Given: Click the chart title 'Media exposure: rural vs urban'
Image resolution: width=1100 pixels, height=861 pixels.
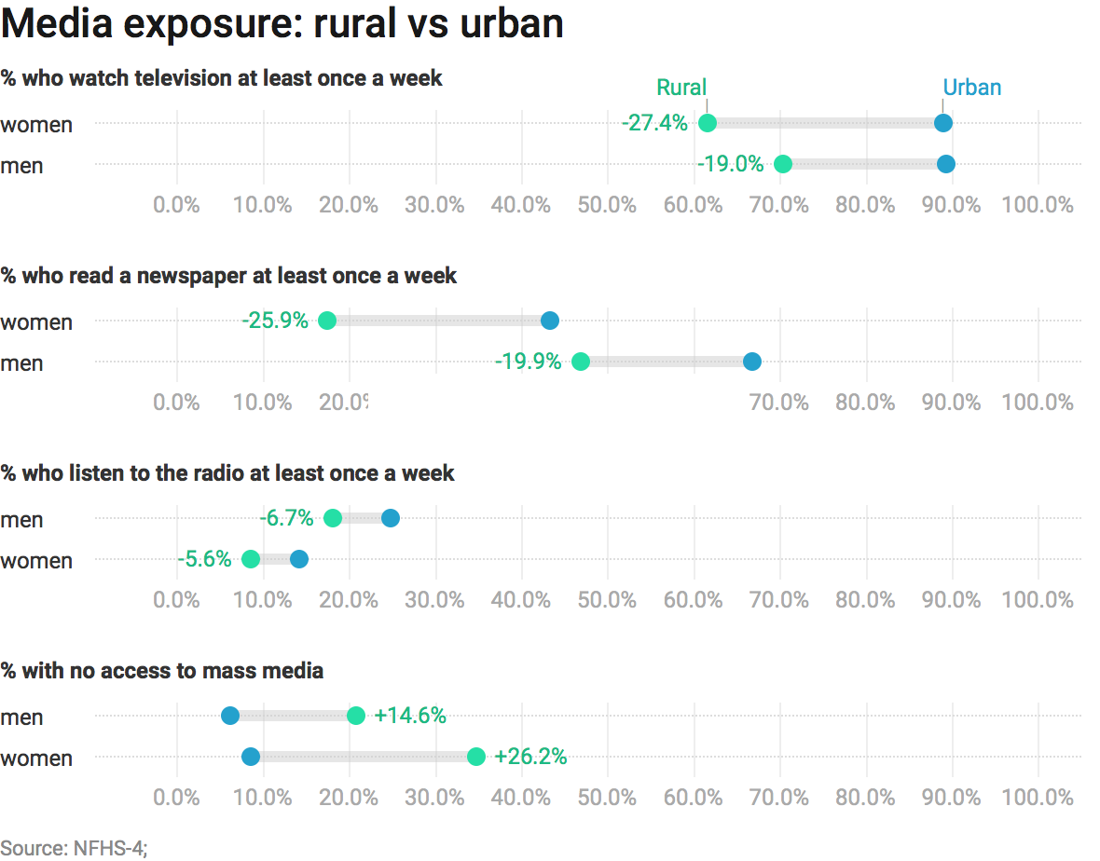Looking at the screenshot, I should [282, 23].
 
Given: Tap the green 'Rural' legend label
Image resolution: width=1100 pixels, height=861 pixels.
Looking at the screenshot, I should [681, 88].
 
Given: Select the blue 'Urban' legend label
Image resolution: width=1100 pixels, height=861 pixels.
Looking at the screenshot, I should [971, 88].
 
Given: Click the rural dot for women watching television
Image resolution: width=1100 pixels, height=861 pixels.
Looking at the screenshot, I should [708, 123].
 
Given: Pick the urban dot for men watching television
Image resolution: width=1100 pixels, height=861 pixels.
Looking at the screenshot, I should [945, 164].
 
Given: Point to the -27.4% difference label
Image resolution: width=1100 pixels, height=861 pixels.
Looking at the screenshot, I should [654, 123].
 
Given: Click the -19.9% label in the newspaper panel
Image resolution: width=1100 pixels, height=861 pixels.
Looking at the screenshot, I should [528, 362].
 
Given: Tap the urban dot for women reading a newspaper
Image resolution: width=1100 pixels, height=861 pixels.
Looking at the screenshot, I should [550, 321].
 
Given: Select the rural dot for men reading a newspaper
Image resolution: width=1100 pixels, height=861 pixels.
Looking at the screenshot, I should [580, 362].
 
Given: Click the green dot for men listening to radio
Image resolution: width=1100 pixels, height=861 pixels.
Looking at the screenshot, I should [333, 518].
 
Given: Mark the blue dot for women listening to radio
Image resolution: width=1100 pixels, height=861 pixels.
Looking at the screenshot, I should [298, 559].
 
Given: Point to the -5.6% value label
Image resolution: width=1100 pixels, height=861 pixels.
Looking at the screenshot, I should [204, 559].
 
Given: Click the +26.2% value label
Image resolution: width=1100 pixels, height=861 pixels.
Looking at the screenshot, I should [530, 757].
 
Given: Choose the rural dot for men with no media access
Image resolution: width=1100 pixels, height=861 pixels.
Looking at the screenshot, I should [356, 716].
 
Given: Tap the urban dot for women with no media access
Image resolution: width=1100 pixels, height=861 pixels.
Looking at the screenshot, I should [250, 757].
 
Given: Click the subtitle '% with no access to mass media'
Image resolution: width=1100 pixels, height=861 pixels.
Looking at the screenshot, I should [162, 670].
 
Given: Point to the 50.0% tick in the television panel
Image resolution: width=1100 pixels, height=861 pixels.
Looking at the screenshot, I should [607, 204].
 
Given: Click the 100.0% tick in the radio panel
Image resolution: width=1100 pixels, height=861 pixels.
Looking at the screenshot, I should [1038, 599].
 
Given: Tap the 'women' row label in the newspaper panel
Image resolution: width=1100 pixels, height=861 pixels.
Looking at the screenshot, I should [36, 322].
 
